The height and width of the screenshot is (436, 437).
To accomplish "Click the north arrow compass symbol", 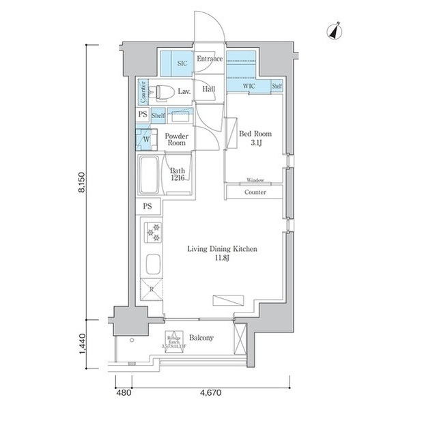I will [335, 31].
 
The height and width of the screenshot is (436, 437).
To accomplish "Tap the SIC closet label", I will [182, 63].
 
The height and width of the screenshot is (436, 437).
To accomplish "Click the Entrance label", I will [210, 59].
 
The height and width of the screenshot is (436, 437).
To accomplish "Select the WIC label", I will [249, 87].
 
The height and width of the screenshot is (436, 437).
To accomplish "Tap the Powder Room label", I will [176, 139].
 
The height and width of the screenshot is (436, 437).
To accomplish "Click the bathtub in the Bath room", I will [149, 174].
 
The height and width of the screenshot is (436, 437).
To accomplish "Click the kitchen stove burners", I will [152, 232].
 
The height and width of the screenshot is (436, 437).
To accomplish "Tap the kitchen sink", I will [152, 263].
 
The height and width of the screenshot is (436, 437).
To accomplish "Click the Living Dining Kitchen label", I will [223, 253].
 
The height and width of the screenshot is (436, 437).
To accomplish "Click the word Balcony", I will [201, 338].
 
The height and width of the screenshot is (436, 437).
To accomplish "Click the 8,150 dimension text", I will [82, 181].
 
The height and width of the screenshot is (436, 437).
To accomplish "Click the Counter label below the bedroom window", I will [255, 192].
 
